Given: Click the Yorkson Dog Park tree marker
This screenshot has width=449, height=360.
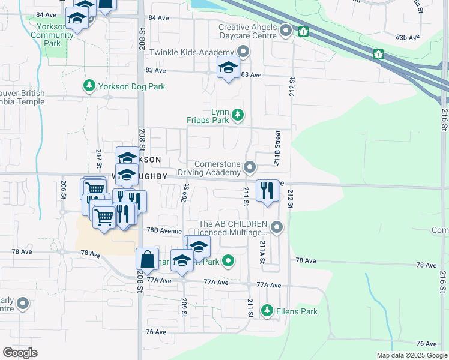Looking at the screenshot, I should pos(89,86).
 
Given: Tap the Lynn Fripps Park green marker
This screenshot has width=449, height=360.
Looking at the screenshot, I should pos(238,114).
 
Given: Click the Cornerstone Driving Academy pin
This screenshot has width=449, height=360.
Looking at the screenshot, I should pos(250,167).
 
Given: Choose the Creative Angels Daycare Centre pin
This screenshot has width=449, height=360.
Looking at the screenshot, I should pos(286,30).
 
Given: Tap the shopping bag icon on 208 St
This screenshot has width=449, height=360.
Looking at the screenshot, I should pos(147,259).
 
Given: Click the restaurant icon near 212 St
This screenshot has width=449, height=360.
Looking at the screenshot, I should pos(267,191).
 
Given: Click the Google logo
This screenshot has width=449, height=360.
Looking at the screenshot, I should pos(20,353).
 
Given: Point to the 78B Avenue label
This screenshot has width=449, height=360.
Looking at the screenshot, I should pos(163,230).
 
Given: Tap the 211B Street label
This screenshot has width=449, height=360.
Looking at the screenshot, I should pos(277,149).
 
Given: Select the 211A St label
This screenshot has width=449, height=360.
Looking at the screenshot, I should pos(262,252).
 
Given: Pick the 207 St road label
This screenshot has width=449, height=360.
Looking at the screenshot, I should pos(98,158).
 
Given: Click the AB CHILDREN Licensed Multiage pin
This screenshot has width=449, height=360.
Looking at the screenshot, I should pos(277,227).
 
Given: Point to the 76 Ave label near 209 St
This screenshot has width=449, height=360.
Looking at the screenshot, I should pos(155,331).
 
